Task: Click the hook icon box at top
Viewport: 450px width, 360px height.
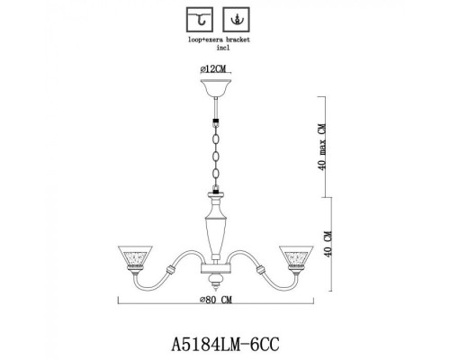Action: tap(196, 19)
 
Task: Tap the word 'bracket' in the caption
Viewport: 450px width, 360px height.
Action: tap(232, 41)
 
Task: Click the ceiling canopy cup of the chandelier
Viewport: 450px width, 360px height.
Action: tap(216, 88)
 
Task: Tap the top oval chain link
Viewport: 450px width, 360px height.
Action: tap(216, 134)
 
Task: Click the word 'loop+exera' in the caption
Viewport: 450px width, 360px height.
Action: tap(200, 41)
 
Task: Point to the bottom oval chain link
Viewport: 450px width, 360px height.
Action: tap(216, 180)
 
